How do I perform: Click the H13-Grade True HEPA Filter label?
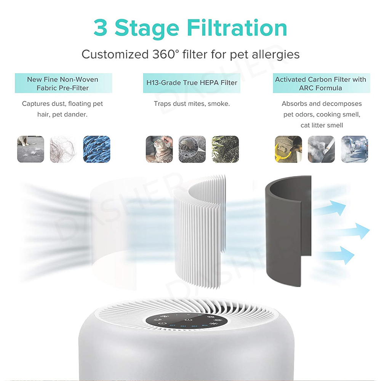click(192, 83)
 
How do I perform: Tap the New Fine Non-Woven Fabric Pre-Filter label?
click(63, 83)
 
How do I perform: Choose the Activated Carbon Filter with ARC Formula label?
click(320, 83)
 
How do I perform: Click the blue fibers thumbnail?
click(96, 149)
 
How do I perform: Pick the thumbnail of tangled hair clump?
click(63, 149)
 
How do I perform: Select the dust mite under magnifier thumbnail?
click(192, 149)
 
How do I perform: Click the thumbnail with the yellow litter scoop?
click(288, 149)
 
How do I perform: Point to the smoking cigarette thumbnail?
click(321, 149)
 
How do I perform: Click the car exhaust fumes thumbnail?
click(354, 149)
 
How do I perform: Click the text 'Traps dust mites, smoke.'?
click(192, 104)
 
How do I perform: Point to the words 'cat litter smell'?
click(322, 125)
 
